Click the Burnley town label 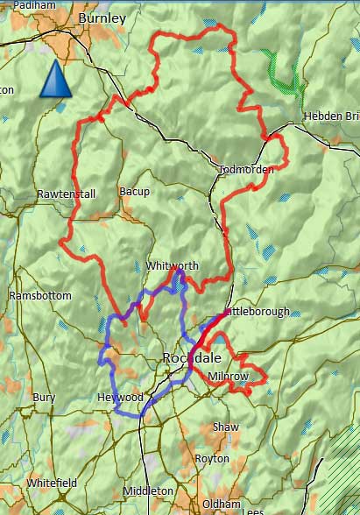pyautogui.click(x=102, y=18)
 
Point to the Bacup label pyautogui.click(x=134, y=192)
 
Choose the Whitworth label pyautogui.click(x=173, y=266)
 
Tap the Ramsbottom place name pyautogui.click(x=39, y=295)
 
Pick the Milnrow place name pyautogui.click(x=229, y=377)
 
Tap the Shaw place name pyautogui.click(x=225, y=427)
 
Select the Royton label pyautogui.click(x=212, y=458)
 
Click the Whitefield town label pyautogui.click(x=52, y=483)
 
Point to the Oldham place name pyautogui.click(x=221, y=504)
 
